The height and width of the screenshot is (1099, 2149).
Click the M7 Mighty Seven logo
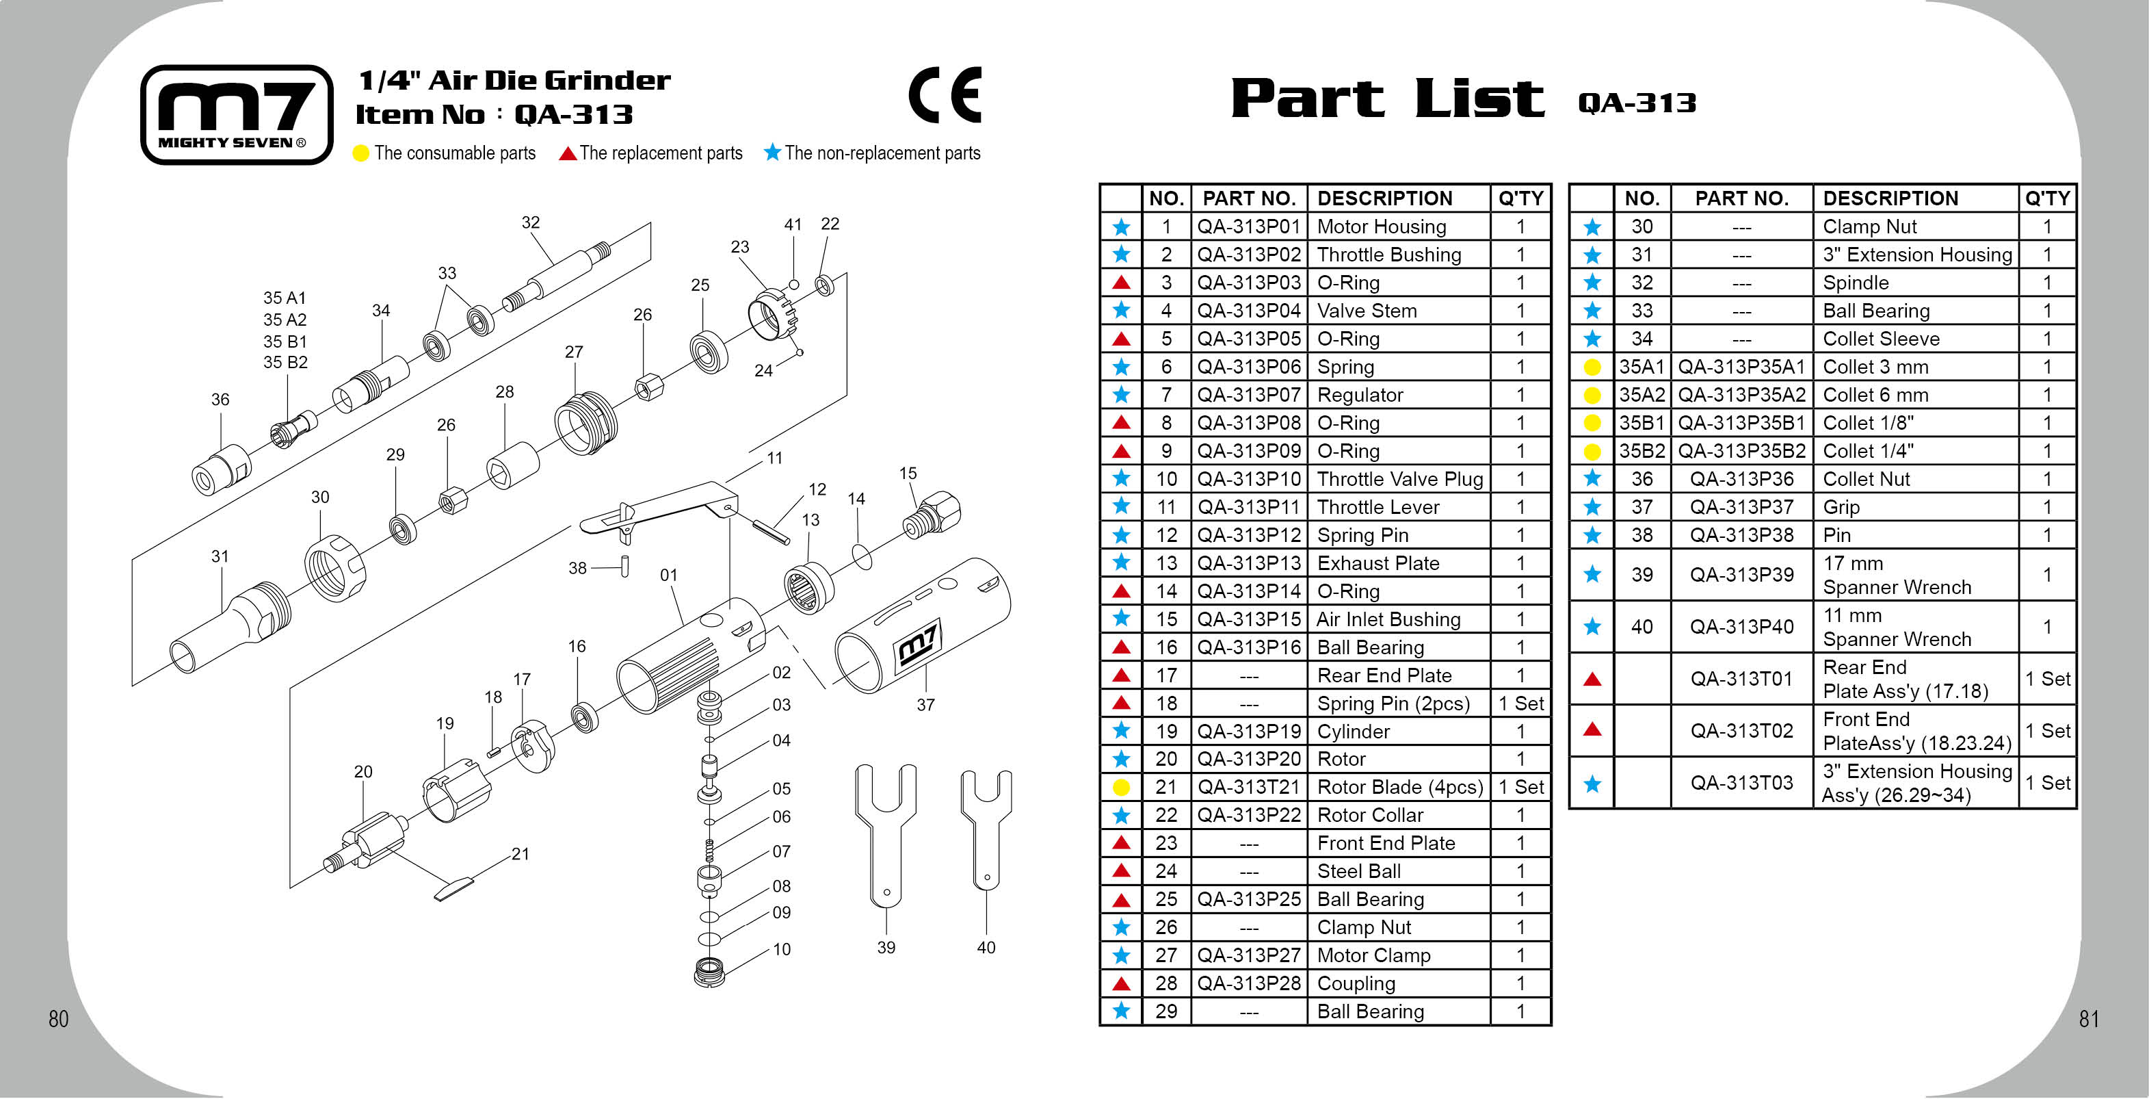[x=237, y=114]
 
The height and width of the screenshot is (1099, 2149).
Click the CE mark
[x=945, y=95]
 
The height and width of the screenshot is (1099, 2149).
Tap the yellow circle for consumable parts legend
[x=360, y=153]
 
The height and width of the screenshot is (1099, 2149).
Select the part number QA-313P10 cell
[x=1248, y=479]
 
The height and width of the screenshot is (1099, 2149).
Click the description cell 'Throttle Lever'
[x=1378, y=507]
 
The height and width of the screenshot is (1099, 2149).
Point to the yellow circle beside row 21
[x=1121, y=787]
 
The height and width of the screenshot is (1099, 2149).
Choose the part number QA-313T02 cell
[x=1741, y=731]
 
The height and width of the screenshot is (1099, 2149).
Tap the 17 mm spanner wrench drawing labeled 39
[x=885, y=834]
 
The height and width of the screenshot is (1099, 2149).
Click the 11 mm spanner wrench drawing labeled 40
[x=986, y=826]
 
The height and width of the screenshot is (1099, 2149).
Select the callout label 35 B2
[x=285, y=362]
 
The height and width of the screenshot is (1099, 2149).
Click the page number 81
[x=2088, y=1019]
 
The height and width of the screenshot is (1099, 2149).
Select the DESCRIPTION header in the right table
[x=1890, y=198]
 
